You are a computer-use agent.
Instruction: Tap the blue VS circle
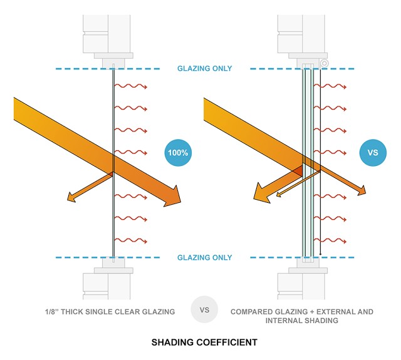tap(372, 152)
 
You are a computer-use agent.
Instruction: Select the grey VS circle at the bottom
tap(204, 309)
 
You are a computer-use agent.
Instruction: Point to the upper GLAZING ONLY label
tap(204, 69)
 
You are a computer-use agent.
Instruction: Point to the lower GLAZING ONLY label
tap(204, 257)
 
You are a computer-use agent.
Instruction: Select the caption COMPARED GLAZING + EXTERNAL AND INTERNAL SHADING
tap(301, 316)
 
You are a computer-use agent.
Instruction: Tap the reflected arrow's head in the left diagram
tap(71, 198)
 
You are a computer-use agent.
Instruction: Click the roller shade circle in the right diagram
tap(324, 63)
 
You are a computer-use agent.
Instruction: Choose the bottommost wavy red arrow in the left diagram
tap(130, 240)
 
